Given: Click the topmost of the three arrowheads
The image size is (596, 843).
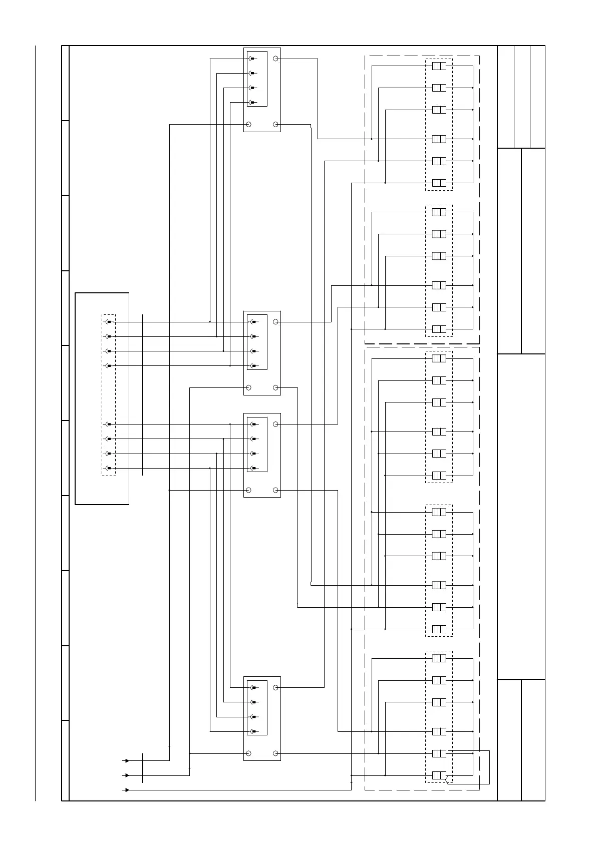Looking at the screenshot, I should coord(127,760).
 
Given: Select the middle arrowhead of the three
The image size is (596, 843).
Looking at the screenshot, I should coord(127,775).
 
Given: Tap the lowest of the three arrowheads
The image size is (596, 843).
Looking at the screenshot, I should coord(127,790).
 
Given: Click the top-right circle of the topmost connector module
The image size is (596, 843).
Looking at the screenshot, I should coord(275,59).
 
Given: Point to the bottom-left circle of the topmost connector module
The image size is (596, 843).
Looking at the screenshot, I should coord(248,124).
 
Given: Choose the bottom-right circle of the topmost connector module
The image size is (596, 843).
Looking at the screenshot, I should coord(275,124).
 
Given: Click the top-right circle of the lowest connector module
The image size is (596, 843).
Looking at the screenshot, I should coord(275,687).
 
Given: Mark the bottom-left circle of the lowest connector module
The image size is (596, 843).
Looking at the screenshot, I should coord(248,753).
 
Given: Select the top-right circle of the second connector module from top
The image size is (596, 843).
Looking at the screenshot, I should coord(275,322).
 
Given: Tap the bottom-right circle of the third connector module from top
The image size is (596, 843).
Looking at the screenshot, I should coord(275,490).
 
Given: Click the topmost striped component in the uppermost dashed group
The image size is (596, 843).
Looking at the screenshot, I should coord(439,66).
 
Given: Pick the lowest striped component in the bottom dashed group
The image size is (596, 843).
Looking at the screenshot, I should coord(439,775).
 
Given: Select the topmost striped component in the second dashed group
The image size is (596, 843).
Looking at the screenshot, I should coord(439,212).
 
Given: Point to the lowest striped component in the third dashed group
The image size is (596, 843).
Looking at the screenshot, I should coord(439,475).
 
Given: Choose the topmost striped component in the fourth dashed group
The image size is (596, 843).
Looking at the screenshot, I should coord(439,512).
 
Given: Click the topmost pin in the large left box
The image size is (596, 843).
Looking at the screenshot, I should coord(108,322).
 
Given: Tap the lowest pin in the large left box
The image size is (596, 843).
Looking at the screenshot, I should coord(108,468).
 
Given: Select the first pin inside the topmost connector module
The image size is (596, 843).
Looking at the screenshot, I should coord(252,59).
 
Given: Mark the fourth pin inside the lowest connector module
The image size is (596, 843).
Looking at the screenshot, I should coord(252,731).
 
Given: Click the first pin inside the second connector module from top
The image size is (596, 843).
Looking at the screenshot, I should coord(252,322).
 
